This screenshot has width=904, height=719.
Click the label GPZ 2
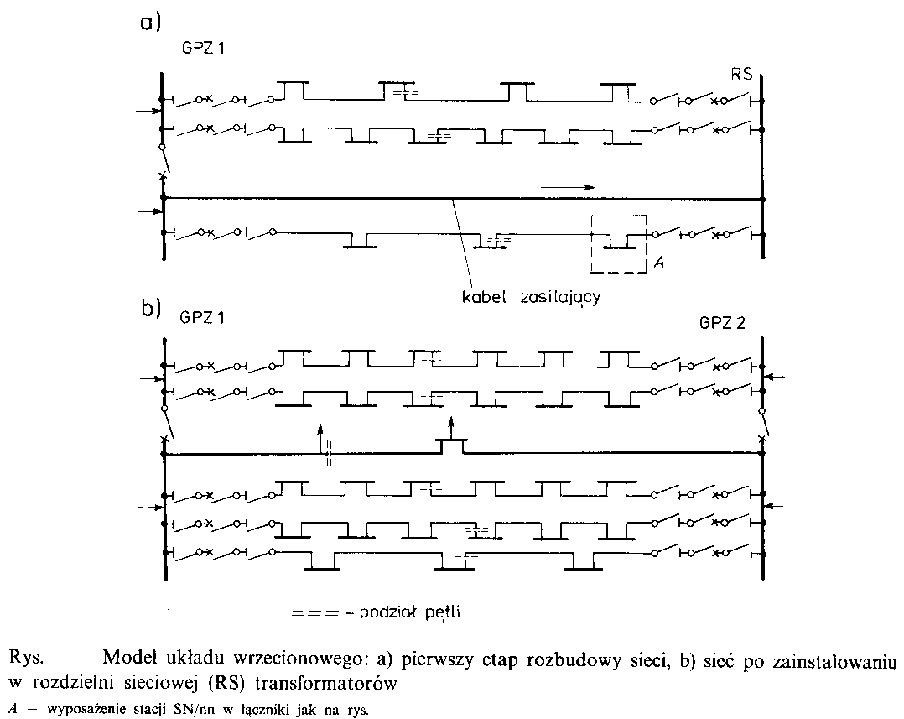[x=721, y=323]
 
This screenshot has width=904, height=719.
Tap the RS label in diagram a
[x=741, y=74]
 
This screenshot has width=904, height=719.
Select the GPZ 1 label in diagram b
[x=202, y=319]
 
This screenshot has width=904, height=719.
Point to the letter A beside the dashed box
[x=658, y=263]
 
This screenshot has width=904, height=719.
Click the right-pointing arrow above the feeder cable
[x=568, y=186]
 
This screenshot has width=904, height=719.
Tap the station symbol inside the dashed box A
[x=619, y=243]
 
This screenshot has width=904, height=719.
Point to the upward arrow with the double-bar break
[x=319, y=436]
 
